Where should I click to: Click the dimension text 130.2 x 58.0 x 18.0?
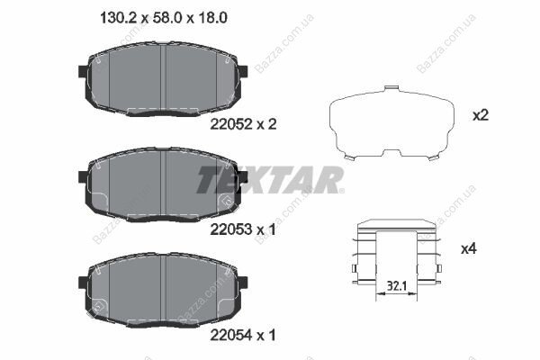163,18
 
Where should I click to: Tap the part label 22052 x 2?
243,124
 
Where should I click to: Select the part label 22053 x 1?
243,229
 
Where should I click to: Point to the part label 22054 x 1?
243,335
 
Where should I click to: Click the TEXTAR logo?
270,180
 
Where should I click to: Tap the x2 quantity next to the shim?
480,115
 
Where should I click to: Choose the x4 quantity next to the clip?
469,248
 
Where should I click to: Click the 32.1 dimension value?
397,286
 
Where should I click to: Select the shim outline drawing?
391,122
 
